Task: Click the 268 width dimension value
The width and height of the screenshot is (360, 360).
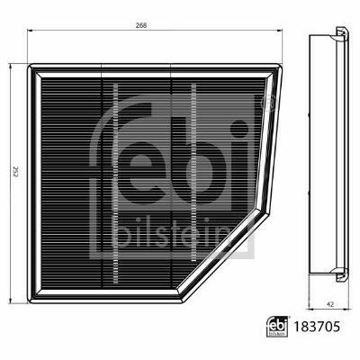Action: (x=143, y=25)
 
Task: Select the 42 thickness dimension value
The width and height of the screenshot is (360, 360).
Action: (x=330, y=304)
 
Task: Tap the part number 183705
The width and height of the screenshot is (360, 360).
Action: (x=318, y=327)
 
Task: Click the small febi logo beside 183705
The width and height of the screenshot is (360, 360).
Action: (x=278, y=327)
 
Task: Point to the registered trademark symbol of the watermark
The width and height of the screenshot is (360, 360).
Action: (x=267, y=103)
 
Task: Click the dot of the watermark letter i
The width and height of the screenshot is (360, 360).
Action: (x=239, y=129)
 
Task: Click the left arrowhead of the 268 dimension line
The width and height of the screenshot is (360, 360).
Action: (x=30, y=30)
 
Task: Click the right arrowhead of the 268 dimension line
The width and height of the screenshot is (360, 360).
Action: (x=280, y=30)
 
